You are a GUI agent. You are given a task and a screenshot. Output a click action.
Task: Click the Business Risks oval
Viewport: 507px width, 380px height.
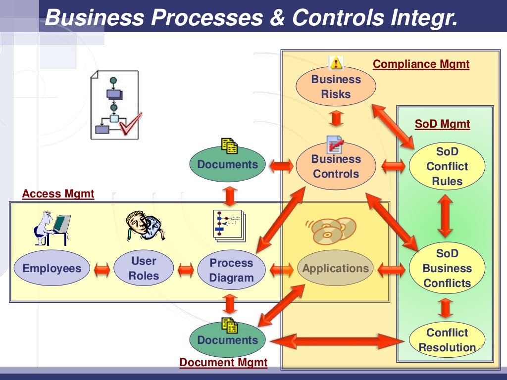click(x=336, y=87)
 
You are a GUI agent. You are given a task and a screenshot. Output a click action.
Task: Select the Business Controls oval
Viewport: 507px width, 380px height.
click(x=336, y=166)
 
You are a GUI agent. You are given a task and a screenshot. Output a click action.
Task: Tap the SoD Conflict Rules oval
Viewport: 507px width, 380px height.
click(x=447, y=166)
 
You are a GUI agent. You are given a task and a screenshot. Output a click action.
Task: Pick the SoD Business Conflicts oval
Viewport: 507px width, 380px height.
click(x=447, y=268)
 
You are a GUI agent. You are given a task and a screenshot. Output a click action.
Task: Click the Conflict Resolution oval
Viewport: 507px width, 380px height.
click(x=447, y=340)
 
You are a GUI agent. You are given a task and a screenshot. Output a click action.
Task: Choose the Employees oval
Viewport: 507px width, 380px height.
click(x=51, y=269)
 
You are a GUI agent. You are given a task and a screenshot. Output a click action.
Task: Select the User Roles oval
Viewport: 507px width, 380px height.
click(x=144, y=268)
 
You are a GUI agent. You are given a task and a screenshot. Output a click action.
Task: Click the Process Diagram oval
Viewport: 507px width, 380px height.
click(x=231, y=270)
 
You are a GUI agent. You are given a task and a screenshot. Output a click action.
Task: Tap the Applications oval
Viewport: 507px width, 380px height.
click(x=336, y=269)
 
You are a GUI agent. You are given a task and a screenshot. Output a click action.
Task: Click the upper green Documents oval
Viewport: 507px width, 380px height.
click(x=228, y=164)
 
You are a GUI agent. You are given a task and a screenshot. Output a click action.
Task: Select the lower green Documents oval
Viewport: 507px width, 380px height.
click(x=228, y=340)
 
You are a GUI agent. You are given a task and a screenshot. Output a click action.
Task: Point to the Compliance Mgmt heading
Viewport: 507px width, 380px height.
click(x=421, y=64)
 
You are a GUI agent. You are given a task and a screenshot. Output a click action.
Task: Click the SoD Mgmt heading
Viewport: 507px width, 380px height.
click(x=442, y=124)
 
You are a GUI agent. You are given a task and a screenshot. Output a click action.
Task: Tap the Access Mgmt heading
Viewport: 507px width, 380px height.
click(x=58, y=194)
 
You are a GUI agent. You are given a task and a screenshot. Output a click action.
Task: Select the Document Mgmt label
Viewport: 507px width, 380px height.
click(x=223, y=363)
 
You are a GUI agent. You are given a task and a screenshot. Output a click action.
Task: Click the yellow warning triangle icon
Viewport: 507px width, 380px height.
click(x=336, y=63)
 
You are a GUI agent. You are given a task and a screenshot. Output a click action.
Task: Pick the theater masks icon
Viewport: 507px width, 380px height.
click(x=145, y=226)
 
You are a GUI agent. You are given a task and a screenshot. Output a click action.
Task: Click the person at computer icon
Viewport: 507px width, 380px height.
click(x=51, y=228)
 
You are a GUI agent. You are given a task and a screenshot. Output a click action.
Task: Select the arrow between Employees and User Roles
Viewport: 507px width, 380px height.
click(x=101, y=270)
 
